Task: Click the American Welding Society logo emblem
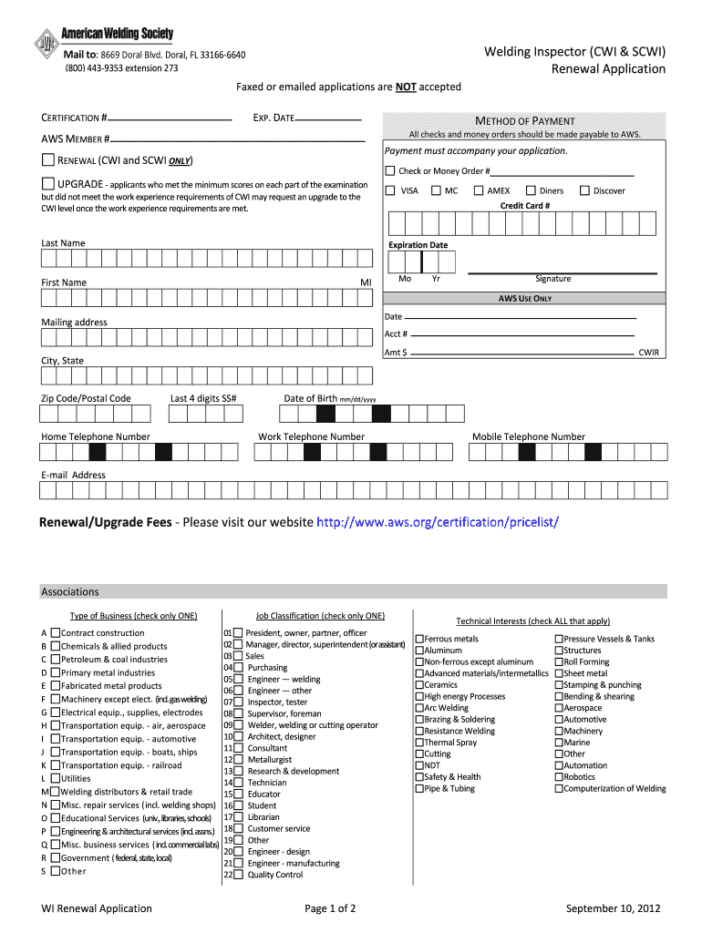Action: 46,44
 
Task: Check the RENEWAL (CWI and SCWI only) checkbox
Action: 48,160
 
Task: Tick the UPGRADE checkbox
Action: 48,185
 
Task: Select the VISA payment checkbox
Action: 390,190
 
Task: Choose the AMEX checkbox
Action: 477,190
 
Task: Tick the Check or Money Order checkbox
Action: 390,171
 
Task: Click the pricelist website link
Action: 437,522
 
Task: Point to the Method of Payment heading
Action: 524,121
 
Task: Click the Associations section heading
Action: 70,591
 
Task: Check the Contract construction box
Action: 56,632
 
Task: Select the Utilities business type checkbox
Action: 56,778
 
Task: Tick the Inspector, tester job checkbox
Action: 238,702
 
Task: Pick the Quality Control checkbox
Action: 238,875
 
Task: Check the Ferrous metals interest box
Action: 419,639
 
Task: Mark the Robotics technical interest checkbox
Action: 559,777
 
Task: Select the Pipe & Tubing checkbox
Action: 419,789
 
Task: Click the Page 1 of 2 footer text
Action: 330,908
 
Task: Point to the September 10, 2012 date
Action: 612,908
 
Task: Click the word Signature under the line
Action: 552,279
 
